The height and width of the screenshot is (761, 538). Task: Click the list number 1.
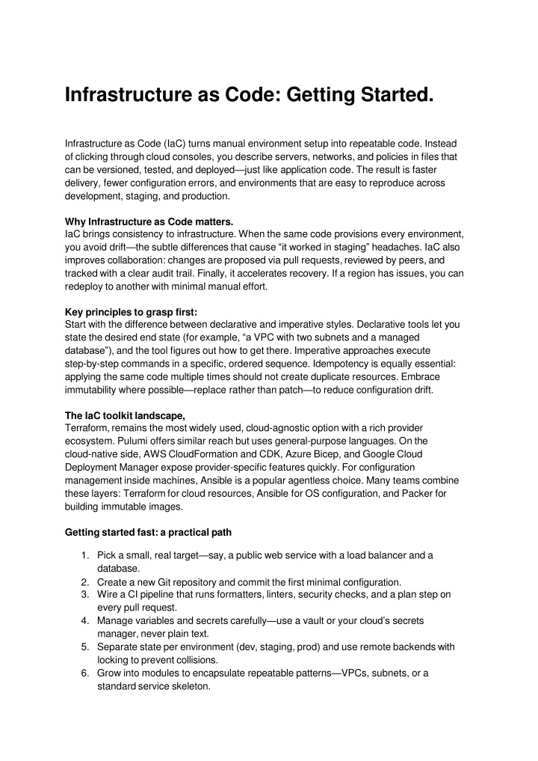tap(86, 555)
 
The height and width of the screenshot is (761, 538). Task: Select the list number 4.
tap(86, 620)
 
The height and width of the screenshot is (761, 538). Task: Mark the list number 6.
tap(86, 672)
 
